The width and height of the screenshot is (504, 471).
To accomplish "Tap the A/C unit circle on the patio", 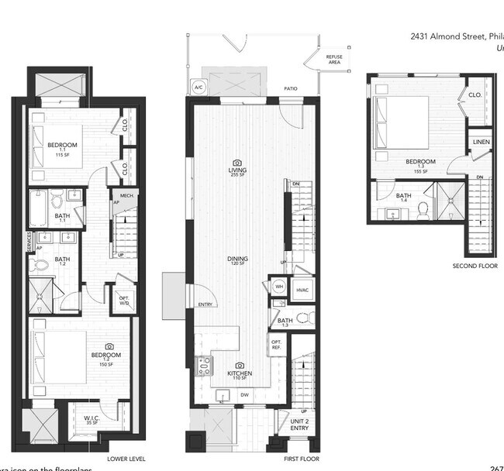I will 198,88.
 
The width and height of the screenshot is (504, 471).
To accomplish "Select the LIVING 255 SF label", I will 236,170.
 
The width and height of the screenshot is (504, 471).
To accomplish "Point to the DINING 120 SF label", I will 237,260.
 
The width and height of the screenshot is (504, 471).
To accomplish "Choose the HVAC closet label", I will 302,290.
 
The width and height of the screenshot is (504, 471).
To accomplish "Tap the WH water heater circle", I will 279,287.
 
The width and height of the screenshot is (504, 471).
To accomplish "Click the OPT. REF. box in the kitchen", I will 276,344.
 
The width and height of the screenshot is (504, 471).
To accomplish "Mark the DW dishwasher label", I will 244,395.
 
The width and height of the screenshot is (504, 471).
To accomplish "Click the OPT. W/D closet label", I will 123,300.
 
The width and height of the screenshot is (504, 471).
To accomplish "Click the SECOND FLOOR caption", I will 474,266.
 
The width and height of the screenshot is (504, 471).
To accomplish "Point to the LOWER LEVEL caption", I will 126,459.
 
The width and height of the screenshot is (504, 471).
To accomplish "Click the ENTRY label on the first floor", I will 205,304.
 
